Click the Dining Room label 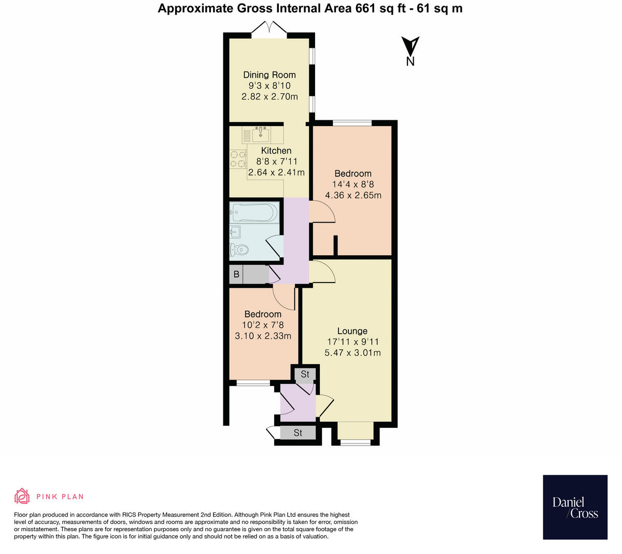[x=269, y=75]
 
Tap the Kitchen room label [x=276, y=150]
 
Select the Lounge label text [x=352, y=331]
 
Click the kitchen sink [x=260, y=134]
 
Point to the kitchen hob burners [x=238, y=159]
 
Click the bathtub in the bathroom [x=255, y=212]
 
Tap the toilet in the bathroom [x=238, y=249]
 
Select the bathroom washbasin [x=235, y=232]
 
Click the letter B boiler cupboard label [x=236, y=274]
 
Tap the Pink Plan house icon [x=22, y=496]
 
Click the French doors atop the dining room [x=269, y=27]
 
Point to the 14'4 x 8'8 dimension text [x=353, y=184]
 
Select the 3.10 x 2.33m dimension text [x=263, y=336]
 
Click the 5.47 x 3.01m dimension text [x=352, y=352]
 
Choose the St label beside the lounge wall [x=305, y=374]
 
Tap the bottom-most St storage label [x=298, y=433]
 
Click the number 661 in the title [x=365, y=8]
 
